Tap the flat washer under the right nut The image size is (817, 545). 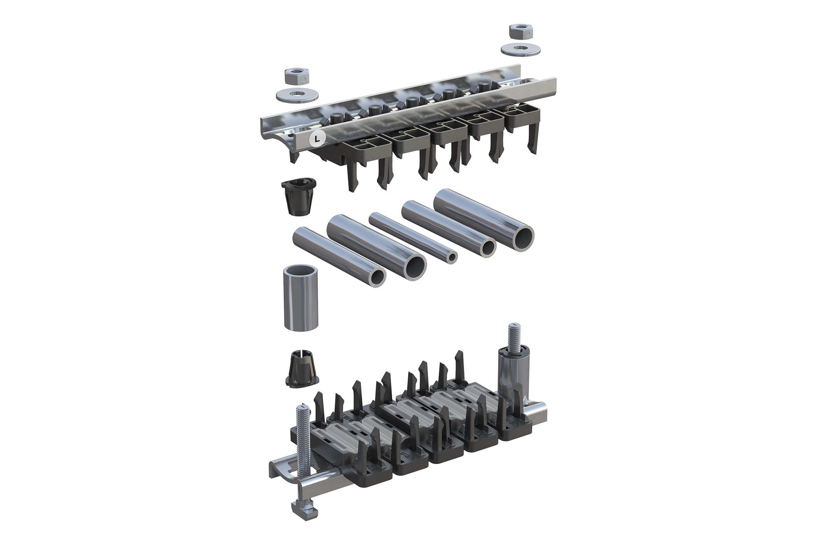(x=520, y=49)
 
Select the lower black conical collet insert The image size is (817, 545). (x=301, y=369)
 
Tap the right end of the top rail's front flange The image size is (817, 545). (x=553, y=85)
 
